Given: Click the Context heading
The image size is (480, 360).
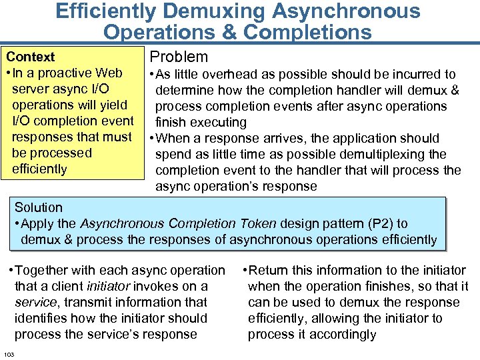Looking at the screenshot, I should coord(31,57).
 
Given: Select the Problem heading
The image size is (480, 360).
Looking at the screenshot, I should coord(179,57).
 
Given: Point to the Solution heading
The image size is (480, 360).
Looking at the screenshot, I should coord(39,207).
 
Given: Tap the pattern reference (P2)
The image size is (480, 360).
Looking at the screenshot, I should coord(380,224).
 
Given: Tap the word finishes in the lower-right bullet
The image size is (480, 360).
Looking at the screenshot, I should coord(385,286).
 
